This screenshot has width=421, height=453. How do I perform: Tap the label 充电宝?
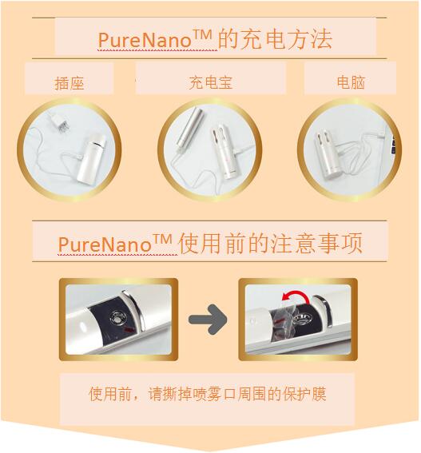(210, 82)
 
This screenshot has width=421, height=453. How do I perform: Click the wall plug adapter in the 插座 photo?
(54, 124)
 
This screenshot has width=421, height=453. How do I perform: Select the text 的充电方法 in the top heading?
(275, 38)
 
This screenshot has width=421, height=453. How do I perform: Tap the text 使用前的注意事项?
(272, 242)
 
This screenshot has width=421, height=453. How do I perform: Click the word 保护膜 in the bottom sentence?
(308, 394)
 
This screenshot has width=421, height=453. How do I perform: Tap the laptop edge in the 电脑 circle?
(391, 148)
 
